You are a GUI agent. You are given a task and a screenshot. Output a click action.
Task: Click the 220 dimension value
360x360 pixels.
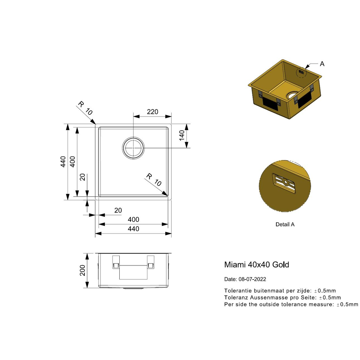[153, 112]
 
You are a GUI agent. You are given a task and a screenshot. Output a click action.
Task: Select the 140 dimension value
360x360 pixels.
[181, 135]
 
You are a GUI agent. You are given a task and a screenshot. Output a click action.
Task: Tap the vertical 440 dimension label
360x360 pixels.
[63, 162]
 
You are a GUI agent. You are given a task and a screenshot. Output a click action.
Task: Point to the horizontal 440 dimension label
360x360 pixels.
[133, 229]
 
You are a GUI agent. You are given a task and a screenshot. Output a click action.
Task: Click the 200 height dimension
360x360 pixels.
[83, 271]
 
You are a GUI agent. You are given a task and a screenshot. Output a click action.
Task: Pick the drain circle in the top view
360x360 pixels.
[133, 147]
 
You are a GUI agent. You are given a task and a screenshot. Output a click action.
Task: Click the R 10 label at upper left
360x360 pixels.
[85, 108]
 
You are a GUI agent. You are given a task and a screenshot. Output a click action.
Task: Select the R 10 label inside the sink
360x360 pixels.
[154, 179]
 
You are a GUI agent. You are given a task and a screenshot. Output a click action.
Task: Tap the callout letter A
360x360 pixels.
[322, 64]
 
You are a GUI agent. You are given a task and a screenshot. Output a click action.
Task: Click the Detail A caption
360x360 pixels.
[285, 225]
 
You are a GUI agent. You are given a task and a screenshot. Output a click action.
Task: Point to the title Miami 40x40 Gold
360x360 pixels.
[256, 265]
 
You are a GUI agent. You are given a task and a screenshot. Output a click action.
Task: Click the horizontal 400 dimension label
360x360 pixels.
[133, 219]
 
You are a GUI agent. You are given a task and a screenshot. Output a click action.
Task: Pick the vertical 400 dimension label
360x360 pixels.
[72, 162]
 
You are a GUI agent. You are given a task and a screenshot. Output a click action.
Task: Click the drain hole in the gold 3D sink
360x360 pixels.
[292, 96]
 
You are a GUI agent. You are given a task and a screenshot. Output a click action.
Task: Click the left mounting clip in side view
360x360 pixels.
[116, 262]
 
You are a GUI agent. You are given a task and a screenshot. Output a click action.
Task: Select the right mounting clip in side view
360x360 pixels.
[151, 262]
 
